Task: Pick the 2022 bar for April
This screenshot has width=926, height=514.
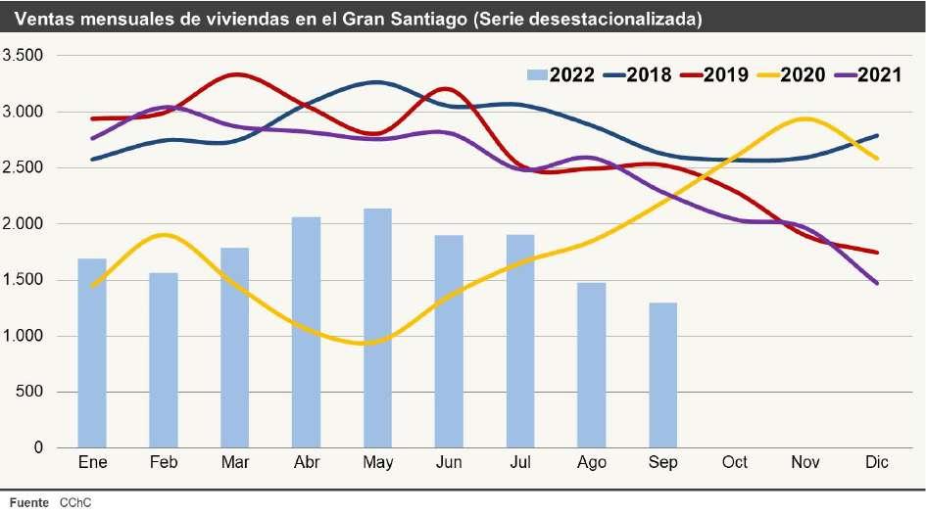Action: [306, 332]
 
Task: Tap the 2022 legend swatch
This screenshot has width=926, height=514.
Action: [536, 75]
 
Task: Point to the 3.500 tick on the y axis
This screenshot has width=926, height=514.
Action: [24, 56]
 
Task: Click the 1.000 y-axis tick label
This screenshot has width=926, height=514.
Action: [24, 337]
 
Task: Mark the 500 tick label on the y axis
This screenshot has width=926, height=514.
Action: [29, 393]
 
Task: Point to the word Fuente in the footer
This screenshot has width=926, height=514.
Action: [28, 502]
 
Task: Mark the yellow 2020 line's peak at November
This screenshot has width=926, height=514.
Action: [804, 119]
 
